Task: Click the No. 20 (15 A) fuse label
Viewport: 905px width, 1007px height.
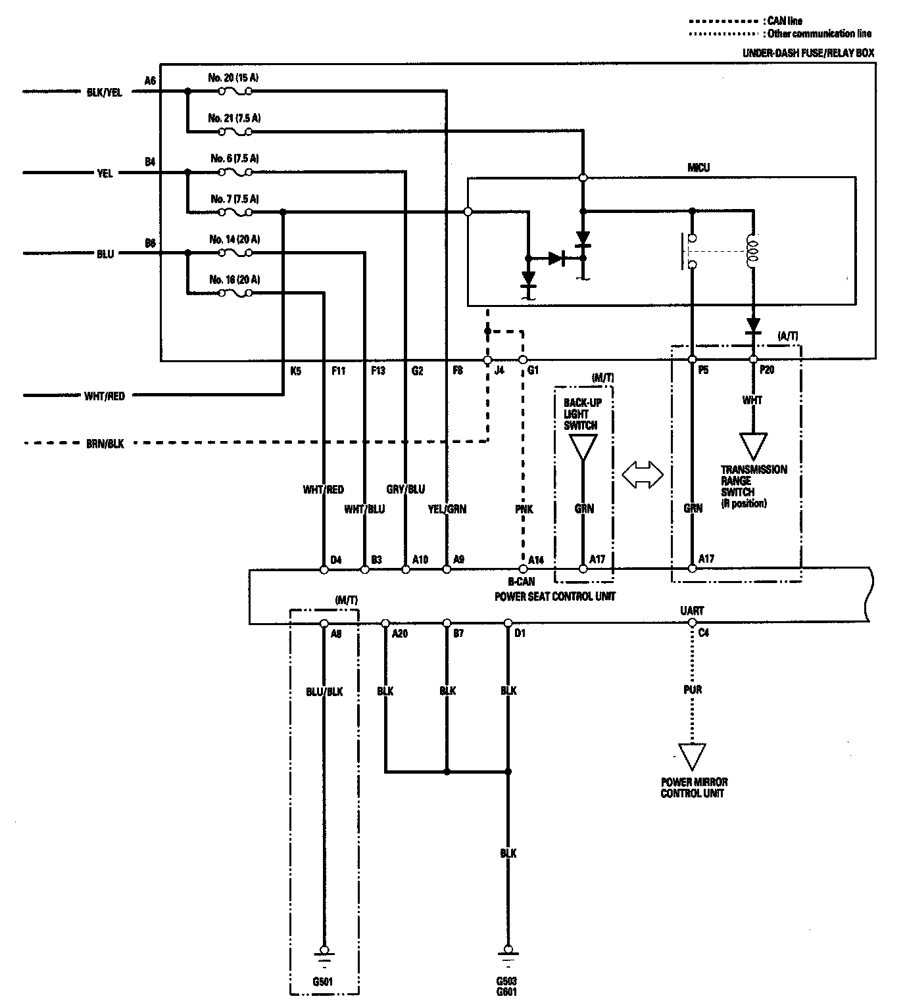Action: [x=233, y=78]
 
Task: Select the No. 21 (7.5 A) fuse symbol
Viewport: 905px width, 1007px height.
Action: [x=235, y=132]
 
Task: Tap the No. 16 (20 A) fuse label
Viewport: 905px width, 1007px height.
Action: [x=233, y=279]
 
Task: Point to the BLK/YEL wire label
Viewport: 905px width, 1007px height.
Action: [x=105, y=93]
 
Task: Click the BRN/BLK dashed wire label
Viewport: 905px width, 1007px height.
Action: [x=105, y=444]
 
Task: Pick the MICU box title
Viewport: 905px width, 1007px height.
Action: [x=698, y=168]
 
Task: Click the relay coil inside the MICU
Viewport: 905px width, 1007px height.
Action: [x=752, y=252]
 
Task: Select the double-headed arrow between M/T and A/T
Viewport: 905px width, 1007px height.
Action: [x=642, y=474]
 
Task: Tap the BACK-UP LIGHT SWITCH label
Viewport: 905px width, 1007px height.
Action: [x=581, y=413]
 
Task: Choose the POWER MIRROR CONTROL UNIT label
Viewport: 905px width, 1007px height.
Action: [x=693, y=787]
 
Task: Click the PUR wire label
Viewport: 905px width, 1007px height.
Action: [x=693, y=690]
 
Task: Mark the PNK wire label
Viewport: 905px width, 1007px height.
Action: [x=524, y=509]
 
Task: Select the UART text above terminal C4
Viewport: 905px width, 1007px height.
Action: [x=692, y=611]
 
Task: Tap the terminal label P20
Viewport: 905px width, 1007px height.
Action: [x=767, y=370]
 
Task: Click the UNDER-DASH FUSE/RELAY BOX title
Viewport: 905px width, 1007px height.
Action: [x=808, y=53]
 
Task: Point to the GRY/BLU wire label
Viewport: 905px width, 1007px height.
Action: [x=405, y=489]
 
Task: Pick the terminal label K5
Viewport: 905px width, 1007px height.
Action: [x=295, y=371]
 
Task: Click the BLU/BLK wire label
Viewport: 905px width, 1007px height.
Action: [x=324, y=691]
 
